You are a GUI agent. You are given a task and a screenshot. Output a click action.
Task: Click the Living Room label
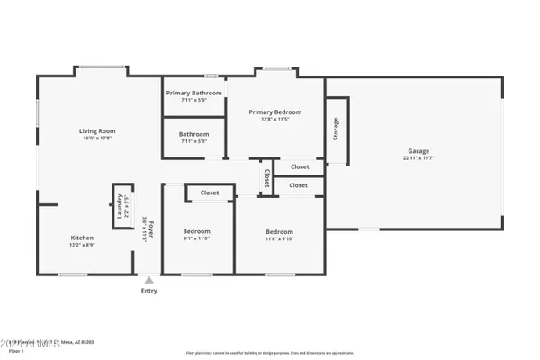coord(99,131)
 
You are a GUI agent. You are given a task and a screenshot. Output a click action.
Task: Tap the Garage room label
coord(418,151)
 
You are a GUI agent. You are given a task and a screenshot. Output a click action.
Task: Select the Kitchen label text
coord(82,238)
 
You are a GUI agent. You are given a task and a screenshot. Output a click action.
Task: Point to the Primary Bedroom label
coord(274,112)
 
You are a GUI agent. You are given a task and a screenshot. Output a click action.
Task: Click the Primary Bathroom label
coord(193,92)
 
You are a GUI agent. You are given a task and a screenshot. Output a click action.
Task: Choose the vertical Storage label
coord(336,130)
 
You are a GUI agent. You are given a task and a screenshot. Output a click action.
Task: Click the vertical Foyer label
coord(151,229)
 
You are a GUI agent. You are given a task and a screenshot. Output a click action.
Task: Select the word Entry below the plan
coord(149,291)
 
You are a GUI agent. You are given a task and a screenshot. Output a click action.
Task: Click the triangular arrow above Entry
coord(149,280)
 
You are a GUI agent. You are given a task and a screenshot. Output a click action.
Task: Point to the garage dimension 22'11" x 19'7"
coord(418,158)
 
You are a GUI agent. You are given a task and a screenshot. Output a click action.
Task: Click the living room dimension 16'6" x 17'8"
coord(99,139)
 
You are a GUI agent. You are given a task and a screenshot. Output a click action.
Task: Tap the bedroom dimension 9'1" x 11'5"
coord(196,238)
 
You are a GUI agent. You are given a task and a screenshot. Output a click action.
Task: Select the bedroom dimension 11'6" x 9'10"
coord(278,239)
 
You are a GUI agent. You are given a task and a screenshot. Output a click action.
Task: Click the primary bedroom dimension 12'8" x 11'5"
coord(274,120)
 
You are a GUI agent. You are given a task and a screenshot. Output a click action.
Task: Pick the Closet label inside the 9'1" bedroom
coord(210,193)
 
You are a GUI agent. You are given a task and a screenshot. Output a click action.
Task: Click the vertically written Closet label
coord(267,178)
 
